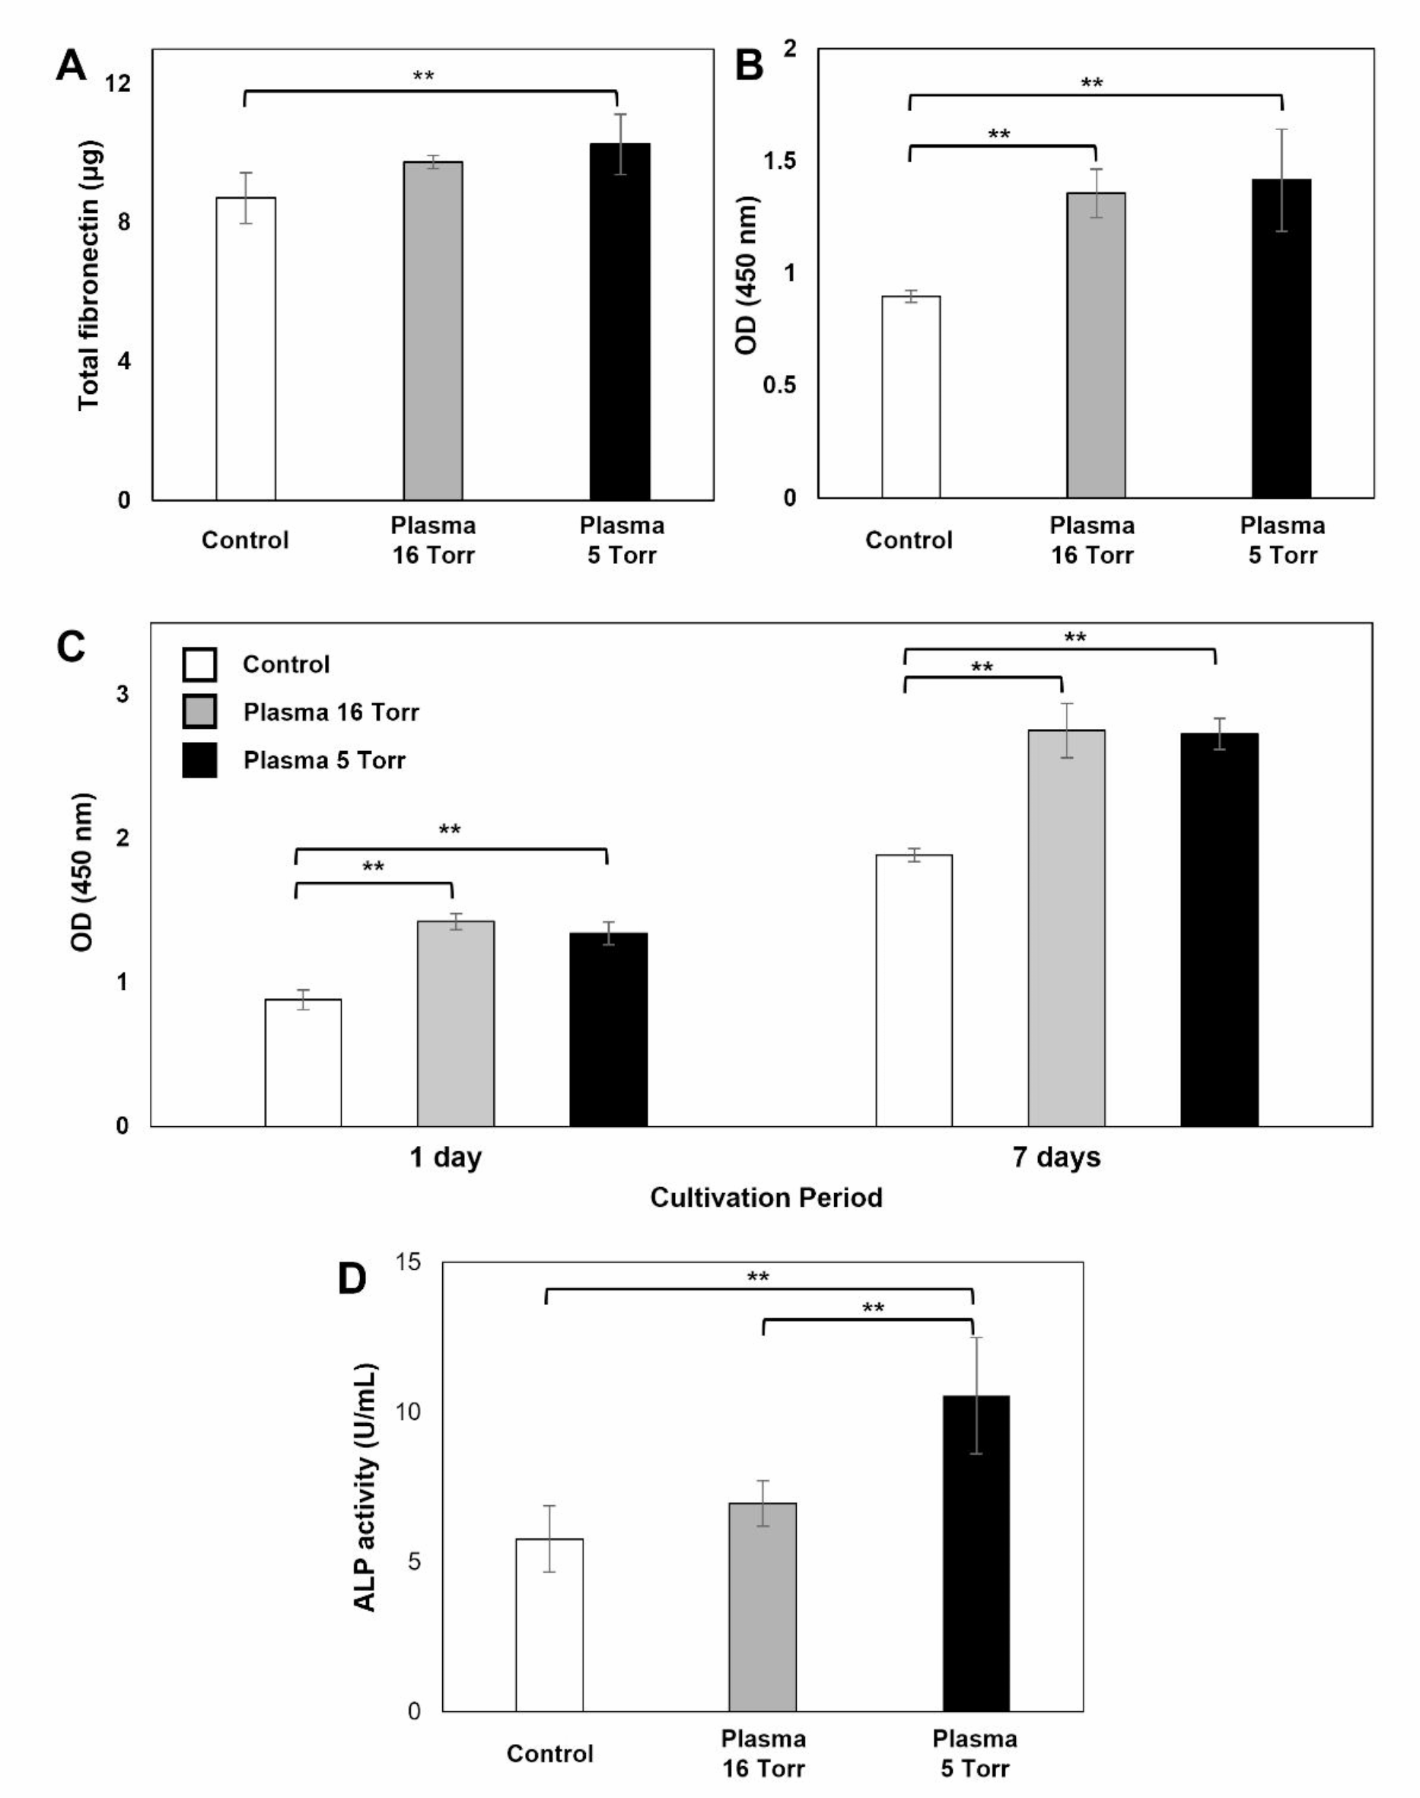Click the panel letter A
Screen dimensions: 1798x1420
(72, 65)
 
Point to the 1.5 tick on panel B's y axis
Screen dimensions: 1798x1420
(779, 161)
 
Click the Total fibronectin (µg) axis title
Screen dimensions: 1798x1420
(90, 275)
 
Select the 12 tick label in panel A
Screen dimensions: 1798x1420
(118, 83)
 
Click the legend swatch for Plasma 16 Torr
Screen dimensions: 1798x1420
(199, 711)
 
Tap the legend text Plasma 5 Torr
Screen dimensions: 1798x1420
(324, 761)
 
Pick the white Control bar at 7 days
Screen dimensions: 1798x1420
(914, 990)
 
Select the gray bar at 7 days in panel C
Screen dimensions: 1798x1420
(1067, 928)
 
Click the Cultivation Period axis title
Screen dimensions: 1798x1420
(766, 1197)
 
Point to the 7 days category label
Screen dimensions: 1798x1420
(1055, 1157)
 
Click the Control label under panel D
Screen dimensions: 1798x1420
(549, 1753)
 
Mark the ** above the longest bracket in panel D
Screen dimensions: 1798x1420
(758, 1277)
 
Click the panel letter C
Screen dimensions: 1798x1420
(72, 646)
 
